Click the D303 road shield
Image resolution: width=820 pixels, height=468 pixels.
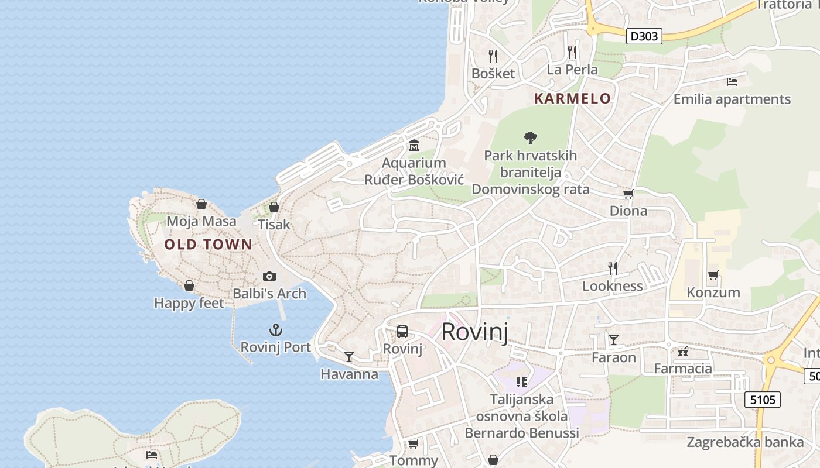644,36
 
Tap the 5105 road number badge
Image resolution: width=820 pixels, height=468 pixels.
763,400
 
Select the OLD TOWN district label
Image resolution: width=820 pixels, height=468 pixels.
208,245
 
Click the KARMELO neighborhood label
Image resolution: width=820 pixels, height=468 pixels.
572,98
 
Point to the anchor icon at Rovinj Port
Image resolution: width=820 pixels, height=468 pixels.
275,330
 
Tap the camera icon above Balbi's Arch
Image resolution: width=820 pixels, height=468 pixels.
269,276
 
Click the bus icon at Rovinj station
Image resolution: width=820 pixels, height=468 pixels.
402,332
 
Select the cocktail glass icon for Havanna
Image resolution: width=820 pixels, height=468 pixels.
349,356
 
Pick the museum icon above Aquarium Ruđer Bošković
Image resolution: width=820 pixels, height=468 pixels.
414,144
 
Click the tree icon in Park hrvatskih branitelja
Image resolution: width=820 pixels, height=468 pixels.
531,138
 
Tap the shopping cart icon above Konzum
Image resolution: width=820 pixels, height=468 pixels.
713,275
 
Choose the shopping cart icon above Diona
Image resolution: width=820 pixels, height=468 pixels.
628,194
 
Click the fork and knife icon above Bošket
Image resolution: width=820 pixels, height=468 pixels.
493,56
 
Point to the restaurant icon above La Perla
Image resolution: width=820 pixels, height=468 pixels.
572,52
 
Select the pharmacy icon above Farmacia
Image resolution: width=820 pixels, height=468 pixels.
682,352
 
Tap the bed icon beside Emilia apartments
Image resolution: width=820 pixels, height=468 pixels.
732,81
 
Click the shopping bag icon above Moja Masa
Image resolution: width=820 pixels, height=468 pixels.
201,204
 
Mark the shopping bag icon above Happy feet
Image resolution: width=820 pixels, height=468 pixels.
189,285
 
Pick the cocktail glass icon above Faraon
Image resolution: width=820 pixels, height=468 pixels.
613,339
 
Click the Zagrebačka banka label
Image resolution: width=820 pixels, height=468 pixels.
746,442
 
